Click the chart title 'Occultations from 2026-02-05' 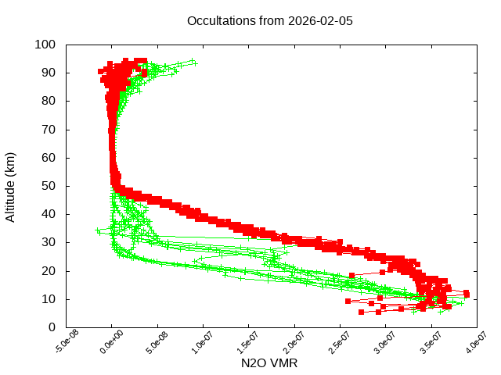tap(270, 21)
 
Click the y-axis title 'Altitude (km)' tap(11, 186)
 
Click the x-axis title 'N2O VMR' tap(269, 363)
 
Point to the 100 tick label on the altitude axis tap(45, 45)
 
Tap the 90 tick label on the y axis tap(49, 73)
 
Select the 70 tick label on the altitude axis tap(49, 129)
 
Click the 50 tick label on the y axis tap(49, 186)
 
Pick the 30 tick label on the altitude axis tap(49, 242)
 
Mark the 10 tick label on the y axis tap(49, 298)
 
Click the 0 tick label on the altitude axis tap(52, 327)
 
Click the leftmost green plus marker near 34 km tap(98, 230)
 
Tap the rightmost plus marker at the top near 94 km tap(194, 62)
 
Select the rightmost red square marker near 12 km tap(467, 294)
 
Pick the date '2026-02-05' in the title tap(321, 21)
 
